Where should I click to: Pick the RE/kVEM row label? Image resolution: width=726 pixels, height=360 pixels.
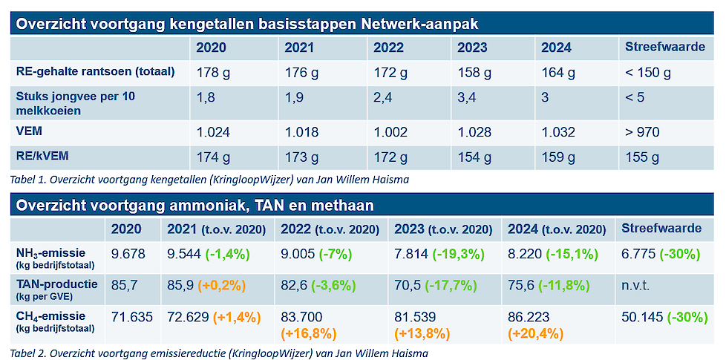point(51,158)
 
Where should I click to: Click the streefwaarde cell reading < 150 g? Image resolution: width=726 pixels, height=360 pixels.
point(648,73)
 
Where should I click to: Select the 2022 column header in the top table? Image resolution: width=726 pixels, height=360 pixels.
point(388,48)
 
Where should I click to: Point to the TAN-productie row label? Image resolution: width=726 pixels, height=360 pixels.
point(56,282)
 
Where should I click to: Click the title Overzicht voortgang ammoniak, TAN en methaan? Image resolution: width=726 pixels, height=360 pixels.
point(194,205)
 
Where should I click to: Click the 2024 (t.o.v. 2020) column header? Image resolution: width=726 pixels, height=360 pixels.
point(557,229)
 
